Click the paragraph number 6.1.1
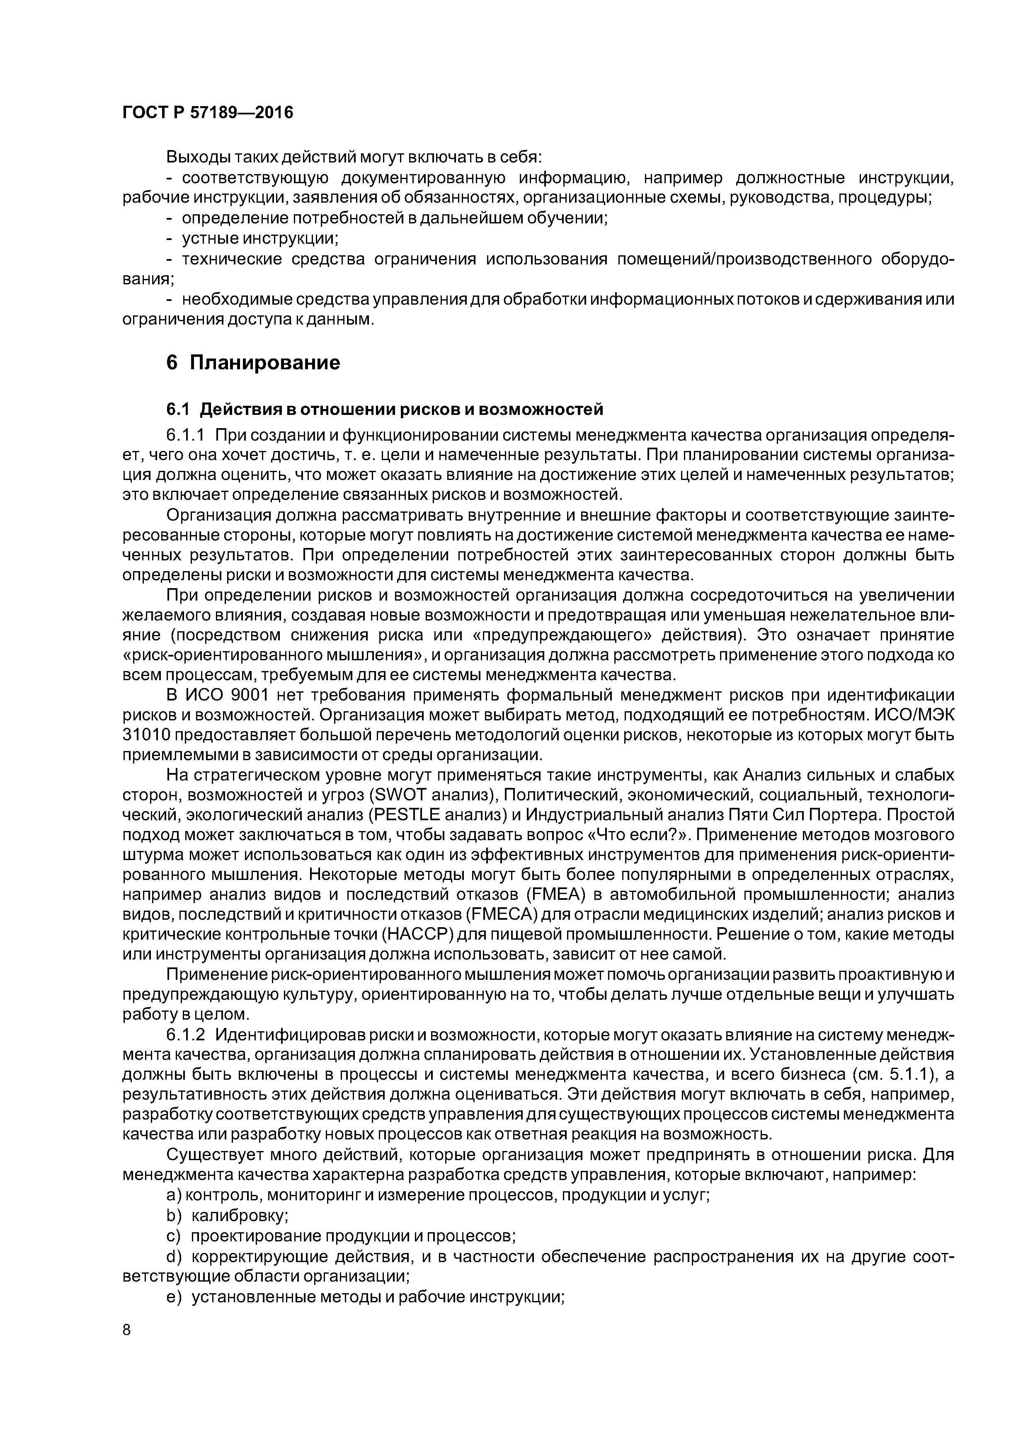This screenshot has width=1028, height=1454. pyautogui.click(x=186, y=435)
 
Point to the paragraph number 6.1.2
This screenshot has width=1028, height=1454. pyautogui.click(x=186, y=1035)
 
